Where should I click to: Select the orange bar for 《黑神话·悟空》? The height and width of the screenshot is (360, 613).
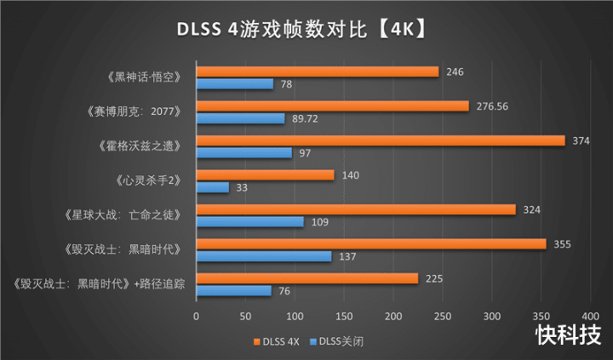[x=318, y=72]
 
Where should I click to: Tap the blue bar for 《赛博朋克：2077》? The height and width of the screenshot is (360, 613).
[x=241, y=118]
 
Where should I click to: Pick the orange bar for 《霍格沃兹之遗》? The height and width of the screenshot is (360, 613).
[x=381, y=140]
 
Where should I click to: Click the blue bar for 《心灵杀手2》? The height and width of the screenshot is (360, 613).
[x=213, y=187]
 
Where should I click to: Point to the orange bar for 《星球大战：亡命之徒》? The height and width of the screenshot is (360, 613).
[x=356, y=209]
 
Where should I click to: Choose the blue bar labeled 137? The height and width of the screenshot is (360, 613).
[x=264, y=256]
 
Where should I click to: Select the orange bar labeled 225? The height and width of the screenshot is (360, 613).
[x=307, y=278]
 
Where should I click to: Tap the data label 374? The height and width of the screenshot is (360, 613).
[x=580, y=140]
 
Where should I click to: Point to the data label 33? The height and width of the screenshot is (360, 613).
[x=241, y=187]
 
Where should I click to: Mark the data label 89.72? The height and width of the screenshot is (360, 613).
[x=305, y=118]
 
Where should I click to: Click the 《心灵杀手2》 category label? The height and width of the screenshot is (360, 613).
[x=146, y=181]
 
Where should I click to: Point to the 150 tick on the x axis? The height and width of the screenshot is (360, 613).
[x=344, y=317]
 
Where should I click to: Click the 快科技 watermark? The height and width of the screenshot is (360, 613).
[x=567, y=335]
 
